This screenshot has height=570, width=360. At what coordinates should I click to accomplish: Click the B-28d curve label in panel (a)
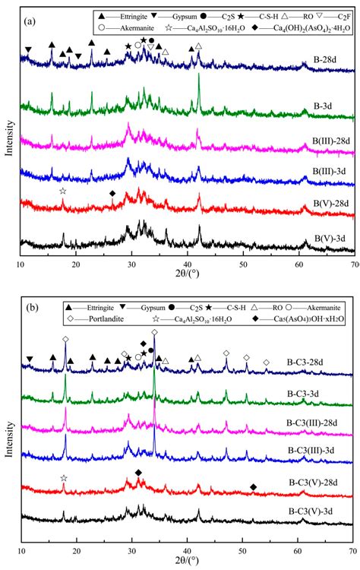325,77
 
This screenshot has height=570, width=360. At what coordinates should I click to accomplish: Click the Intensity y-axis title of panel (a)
7,129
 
